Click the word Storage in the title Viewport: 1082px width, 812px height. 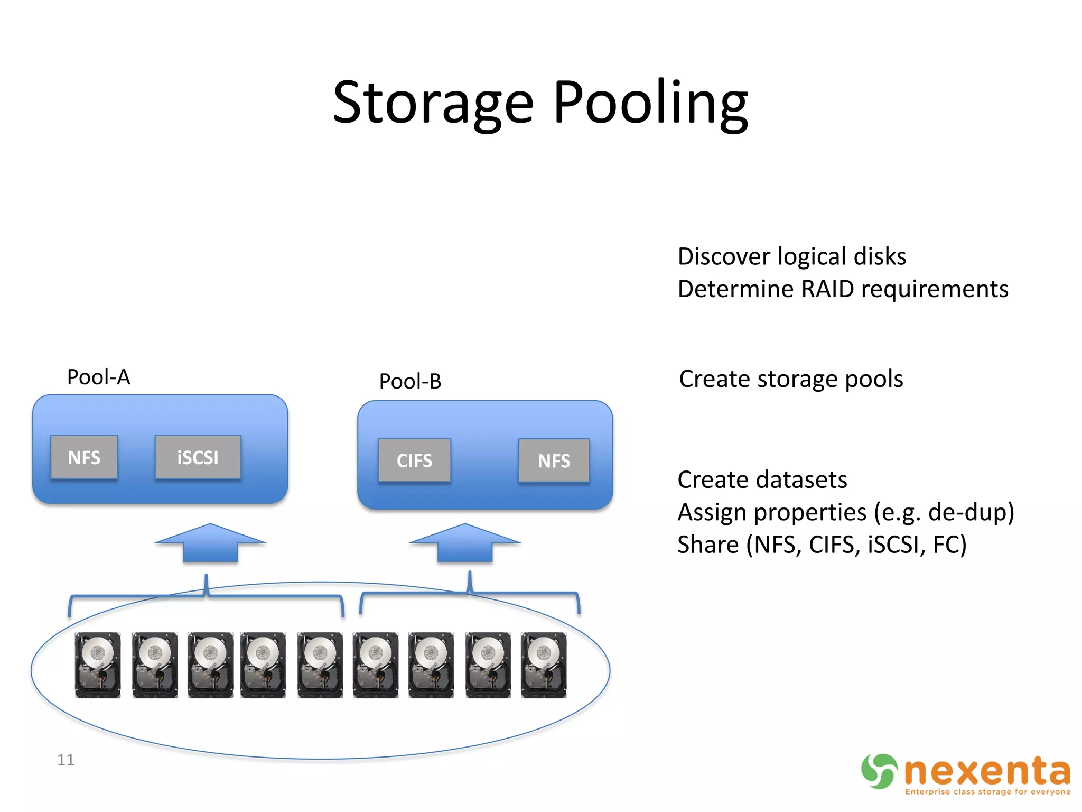pyautogui.click(x=433, y=103)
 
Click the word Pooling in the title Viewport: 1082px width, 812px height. pyautogui.click(x=651, y=103)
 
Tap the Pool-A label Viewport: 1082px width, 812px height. pyautogui.click(x=98, y=377)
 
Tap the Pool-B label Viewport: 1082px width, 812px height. pyautogui.click(x=410, y=381)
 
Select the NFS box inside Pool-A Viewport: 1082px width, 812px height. pyautogui.click(x=84, y=457)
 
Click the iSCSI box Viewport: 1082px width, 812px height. pyautogui.click(x=198, y=457)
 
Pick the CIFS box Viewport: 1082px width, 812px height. pyautogui.click(x=414, y=460)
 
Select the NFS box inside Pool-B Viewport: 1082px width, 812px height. pyautogui.click(x=554, y=460)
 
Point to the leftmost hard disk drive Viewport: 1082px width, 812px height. pyautogui.click(x=98, y=665)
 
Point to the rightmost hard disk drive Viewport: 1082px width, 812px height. pyautogui.click(x=544, y=665)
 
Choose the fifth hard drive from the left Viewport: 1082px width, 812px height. pyautogui.click(x=320, y=665)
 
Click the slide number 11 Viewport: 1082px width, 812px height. pyautogui.click(x=66, y=760)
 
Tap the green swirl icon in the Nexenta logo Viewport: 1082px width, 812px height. pyautogui.click(x=879, y=771)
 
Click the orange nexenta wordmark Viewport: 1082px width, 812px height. pyautogui.click(x=987, y=772)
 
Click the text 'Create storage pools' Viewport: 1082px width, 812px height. pyautogui.click(x=791, y=379)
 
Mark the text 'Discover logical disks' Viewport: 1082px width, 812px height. pyautogui.click(x=792, y=256)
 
